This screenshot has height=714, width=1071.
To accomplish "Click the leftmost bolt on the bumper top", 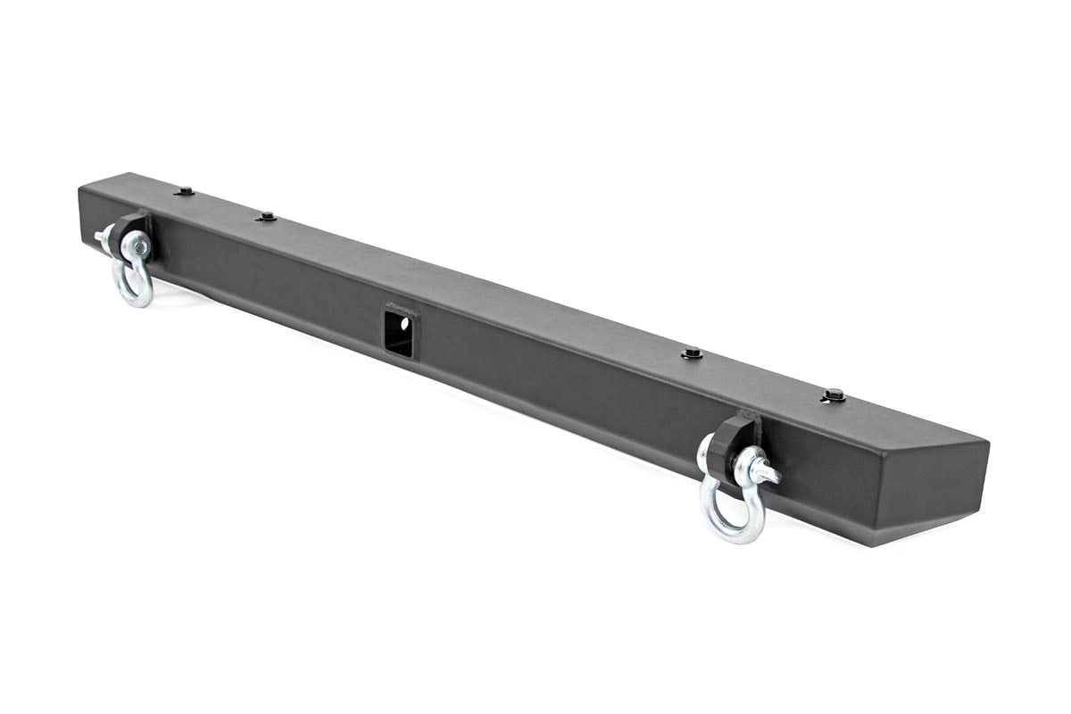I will pyautogui.click(x=185, y=191).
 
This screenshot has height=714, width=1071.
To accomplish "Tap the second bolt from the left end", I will pyautogui.click(x=265, y=217).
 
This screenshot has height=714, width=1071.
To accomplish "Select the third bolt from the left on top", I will pyautogui.click(x=691, y=353).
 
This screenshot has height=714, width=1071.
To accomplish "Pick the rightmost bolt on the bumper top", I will pyautogui.click(x=834, y=394).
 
